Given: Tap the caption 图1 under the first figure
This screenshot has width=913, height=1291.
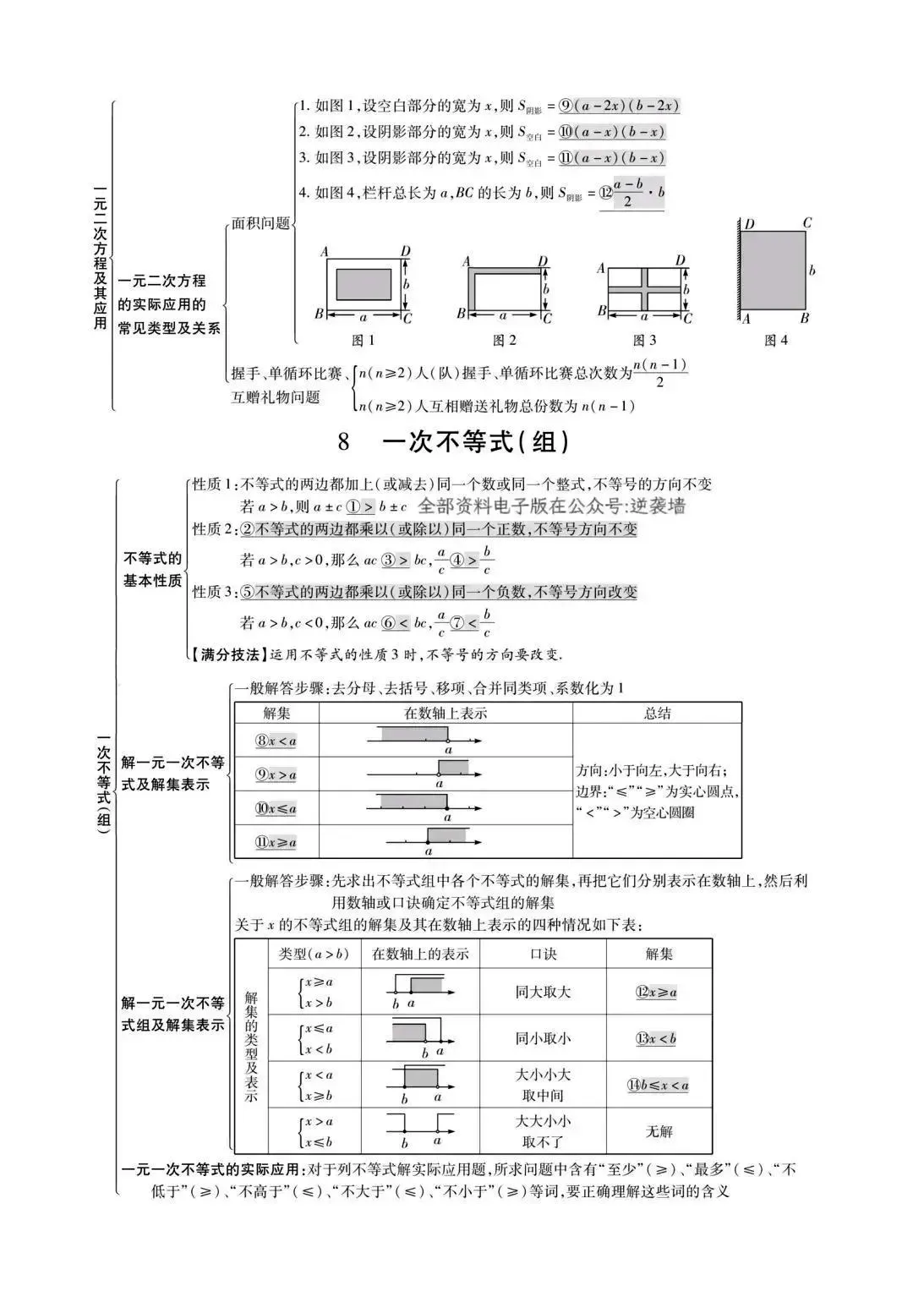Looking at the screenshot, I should coord(363,341).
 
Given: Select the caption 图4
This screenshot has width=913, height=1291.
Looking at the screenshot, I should coord(775,341).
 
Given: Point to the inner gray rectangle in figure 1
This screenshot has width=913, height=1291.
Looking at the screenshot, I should coord(364,284).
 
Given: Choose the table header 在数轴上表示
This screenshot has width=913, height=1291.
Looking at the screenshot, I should coord(446,713).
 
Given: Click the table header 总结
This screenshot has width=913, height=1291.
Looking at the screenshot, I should coord(657,713).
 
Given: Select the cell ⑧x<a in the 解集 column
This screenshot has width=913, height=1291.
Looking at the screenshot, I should coord(276,741).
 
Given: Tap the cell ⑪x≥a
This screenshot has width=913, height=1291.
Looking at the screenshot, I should coord(276,842).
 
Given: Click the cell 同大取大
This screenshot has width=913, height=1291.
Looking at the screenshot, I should coord(543,992).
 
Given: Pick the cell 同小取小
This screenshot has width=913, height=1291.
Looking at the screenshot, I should coord(543,1038).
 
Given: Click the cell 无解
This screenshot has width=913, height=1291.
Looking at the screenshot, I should coord(659,1131).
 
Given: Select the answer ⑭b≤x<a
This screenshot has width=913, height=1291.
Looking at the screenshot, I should coord(659,1086).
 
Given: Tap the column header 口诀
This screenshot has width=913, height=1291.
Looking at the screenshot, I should coord(543,954).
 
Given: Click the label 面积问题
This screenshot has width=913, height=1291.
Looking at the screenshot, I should coord(260,224).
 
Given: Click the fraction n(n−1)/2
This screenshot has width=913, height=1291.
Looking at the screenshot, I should coord(659,374).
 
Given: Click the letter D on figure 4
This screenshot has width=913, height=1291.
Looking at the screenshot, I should coord(750,225).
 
